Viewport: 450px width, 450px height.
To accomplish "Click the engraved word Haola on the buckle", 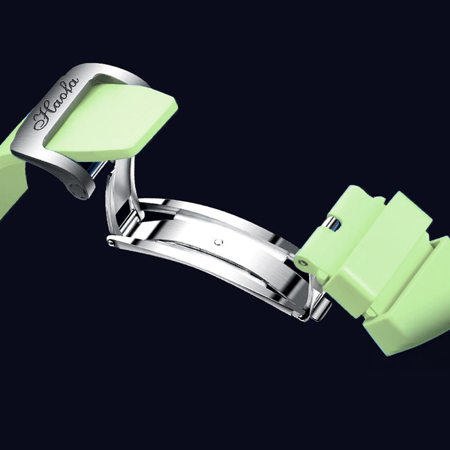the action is (x=56, y=104).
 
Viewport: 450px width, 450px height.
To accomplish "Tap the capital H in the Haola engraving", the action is (x=43, y=119).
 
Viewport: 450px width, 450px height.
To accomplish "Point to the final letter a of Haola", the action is (x=73, y=83).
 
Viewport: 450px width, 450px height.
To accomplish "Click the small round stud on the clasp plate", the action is (x=219, y=242).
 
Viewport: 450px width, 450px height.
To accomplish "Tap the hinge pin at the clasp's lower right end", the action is (x=302, y=318).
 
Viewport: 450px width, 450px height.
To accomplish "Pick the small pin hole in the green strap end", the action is (x=303, y=262).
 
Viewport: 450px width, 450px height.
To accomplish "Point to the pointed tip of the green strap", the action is (x=175, y=105).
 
